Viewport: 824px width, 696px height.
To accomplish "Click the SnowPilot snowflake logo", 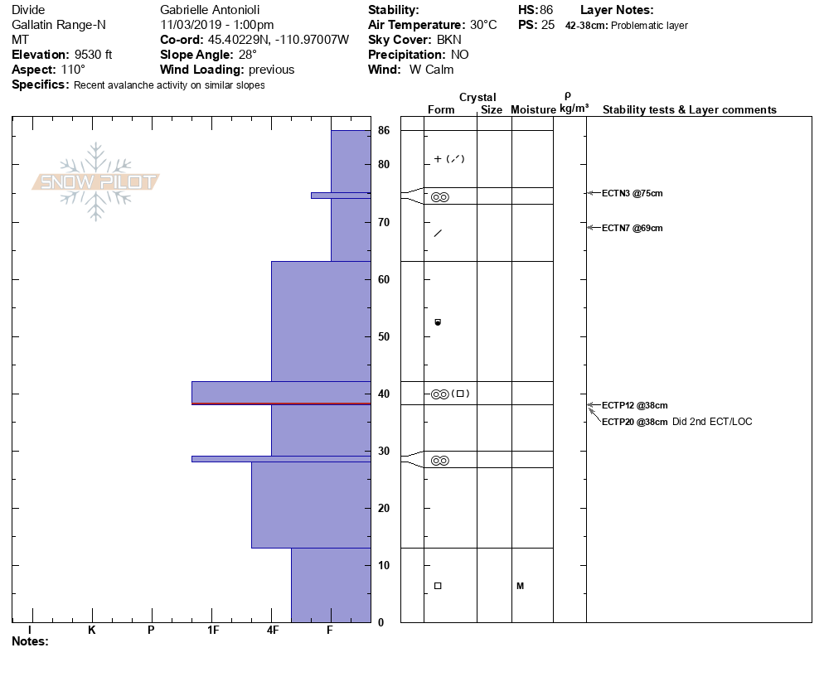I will point(96,181).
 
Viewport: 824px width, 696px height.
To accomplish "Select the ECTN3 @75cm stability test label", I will point(632,194).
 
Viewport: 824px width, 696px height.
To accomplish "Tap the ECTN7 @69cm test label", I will point(632,228).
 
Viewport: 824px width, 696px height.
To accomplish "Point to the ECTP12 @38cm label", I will point(634,406).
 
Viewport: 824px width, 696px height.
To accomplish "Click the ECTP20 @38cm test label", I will point(634,422).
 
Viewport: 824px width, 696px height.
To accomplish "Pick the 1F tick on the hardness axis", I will point(212,631).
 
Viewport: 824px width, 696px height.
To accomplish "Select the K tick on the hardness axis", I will point(92,631).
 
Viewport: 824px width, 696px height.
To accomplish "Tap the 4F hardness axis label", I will point(273,631).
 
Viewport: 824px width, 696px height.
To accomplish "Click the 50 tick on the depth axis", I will point(384,337).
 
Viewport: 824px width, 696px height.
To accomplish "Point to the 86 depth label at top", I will point(384,131).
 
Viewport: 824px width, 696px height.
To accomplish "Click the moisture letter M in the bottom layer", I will point(521,587).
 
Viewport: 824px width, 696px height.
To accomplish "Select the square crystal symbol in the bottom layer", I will point(438,586).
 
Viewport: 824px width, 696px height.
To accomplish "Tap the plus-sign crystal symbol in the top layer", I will point(438,159).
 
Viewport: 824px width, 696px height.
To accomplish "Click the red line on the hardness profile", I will point(281,404).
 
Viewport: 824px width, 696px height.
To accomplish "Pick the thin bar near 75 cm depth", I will point(341,196).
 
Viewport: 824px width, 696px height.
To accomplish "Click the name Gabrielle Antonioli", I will point(211,10).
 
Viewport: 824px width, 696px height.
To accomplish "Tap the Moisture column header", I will point(533,109).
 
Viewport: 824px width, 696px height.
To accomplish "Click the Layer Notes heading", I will point(617,10).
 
